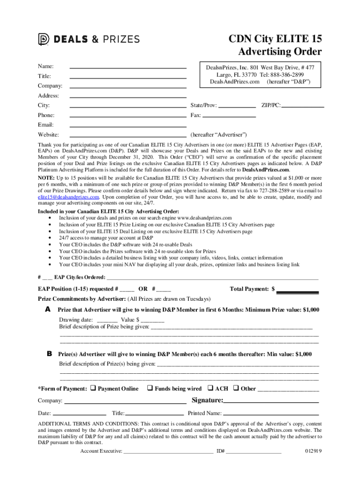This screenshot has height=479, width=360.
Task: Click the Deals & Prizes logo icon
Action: coord(43,40)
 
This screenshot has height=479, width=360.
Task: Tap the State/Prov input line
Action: coord(237,107)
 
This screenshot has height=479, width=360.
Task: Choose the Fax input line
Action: coord(229,116)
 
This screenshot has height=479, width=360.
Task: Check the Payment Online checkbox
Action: coord(93,388)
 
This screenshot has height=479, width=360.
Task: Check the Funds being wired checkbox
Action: coord(150,388)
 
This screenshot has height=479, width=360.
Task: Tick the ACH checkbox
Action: coord(210,388)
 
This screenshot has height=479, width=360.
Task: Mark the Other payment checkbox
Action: coord(236,388)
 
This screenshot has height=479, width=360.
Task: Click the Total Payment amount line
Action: coord(298,292)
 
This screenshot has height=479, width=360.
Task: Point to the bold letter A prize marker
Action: coord(48,310)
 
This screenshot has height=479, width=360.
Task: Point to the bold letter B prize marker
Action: coord(49,354)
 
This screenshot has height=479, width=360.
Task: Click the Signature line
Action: coord(271,402)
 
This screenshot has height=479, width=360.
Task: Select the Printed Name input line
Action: coord(271,414)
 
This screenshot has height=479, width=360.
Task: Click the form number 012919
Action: coord(313,451)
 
